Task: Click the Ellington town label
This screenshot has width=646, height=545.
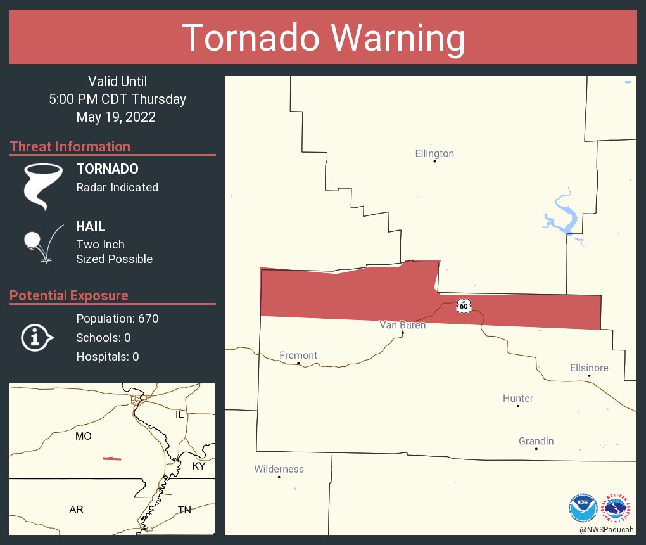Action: [434, 153]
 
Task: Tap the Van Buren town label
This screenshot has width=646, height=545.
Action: [402, 325]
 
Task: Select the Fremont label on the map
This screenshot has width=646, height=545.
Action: [298, 356]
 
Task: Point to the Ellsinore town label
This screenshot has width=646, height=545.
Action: [589, 368]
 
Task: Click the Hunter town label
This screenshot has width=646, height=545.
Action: [518, 398]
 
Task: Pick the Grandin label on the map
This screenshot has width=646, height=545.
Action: [536, 441]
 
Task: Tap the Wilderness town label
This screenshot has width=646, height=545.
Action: [279, 469]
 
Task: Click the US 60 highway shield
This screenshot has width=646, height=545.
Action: [464, 305]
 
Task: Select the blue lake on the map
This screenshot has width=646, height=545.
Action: [562, 216]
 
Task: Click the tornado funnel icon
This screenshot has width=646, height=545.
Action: [42, 186]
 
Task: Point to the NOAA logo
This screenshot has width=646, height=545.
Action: [583, 507]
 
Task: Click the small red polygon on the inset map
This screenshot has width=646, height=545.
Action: [112, 458]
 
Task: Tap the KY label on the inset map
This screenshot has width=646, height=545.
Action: [199, 466]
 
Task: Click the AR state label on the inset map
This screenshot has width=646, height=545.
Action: [76, 509]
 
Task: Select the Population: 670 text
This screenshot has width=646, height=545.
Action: [117, 318]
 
